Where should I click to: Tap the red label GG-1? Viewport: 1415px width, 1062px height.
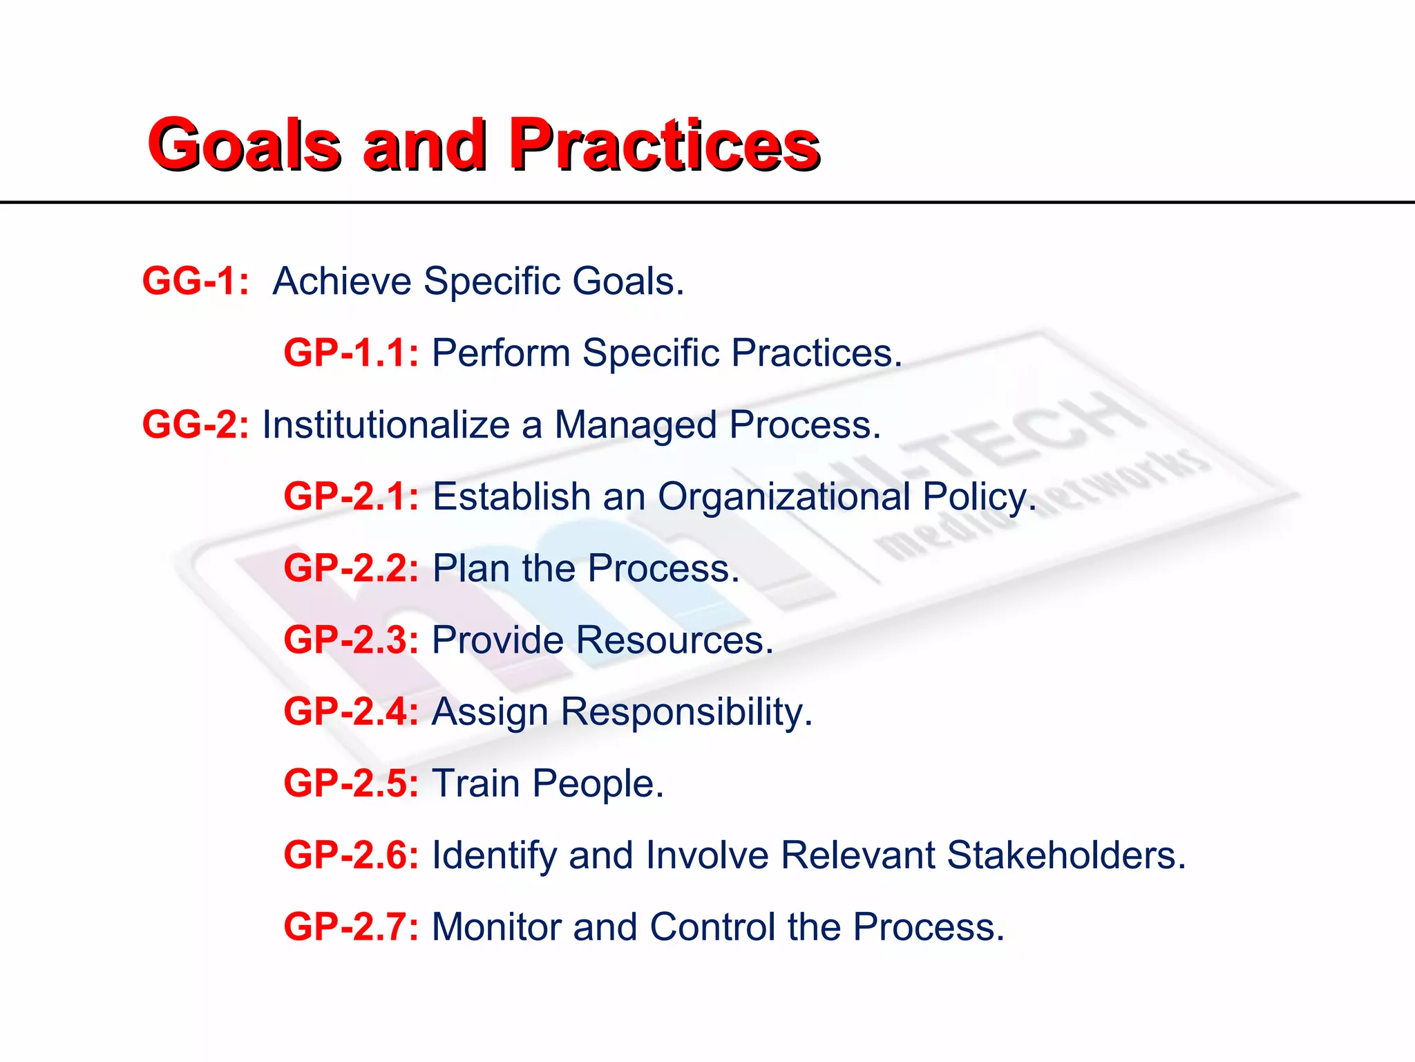[x=196, y=281]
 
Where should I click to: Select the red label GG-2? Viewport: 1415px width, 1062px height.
[x=196, y=425]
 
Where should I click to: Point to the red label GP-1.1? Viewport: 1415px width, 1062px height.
[x=351, y=353]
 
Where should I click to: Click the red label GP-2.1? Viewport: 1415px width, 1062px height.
[x=351, y=496]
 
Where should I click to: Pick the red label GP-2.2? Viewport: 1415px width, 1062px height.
[x=351, y=568]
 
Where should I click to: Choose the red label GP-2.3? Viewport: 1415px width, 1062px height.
[x=351, y=640]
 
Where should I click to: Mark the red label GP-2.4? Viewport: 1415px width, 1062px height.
[x=351, y=711]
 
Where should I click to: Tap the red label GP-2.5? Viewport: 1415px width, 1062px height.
[x=351, y=783]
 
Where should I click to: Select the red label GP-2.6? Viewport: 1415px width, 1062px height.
[x=351, y=855]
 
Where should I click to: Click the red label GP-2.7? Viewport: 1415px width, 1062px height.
[x=351, y=926]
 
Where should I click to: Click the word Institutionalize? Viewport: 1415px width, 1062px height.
[x=386, y=425]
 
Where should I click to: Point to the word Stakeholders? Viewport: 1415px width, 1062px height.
[x=1065, y=855]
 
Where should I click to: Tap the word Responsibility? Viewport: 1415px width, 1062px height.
[x=686, y=712]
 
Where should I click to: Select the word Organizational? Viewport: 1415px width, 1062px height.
[x=784, y=496]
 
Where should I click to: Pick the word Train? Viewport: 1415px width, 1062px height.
[x=475, y=783]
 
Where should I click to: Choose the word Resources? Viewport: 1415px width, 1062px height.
[x=674, y=640]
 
